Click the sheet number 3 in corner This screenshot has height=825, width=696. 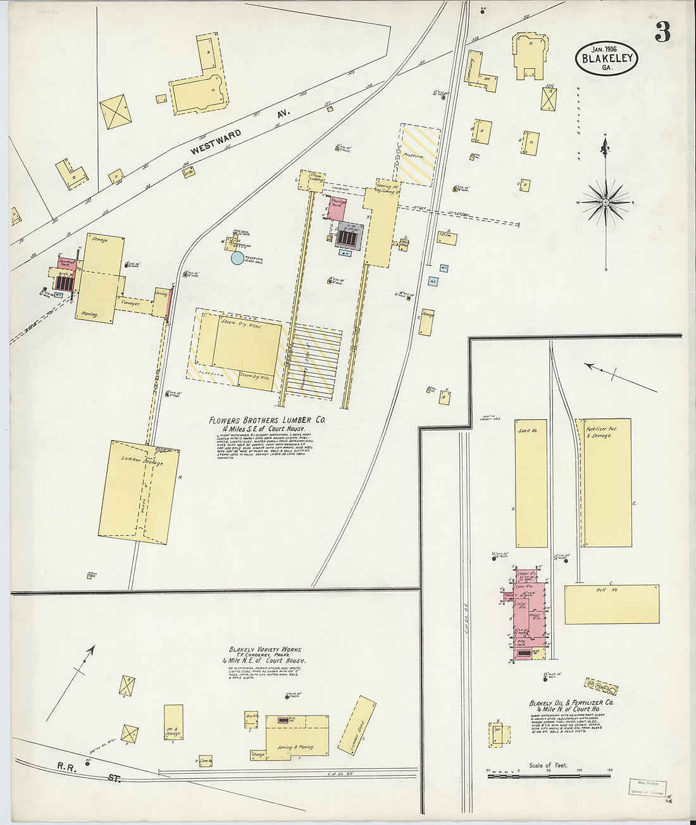click(x=662, y=32)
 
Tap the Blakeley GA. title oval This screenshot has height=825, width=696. click(x=606, y=58)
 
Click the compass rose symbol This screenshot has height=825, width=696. click(x=606, y=202)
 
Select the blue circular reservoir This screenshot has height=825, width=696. click(x=237, y=257)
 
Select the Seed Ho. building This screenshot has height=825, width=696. click(x=531, y=484)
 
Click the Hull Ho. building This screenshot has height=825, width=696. click(x=611, y=604)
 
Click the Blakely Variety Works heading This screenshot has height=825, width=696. click(x=265, y=649)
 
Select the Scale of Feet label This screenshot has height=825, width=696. click(x=548, y=766)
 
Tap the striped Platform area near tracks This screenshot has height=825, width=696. click(x=418, y=154)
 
